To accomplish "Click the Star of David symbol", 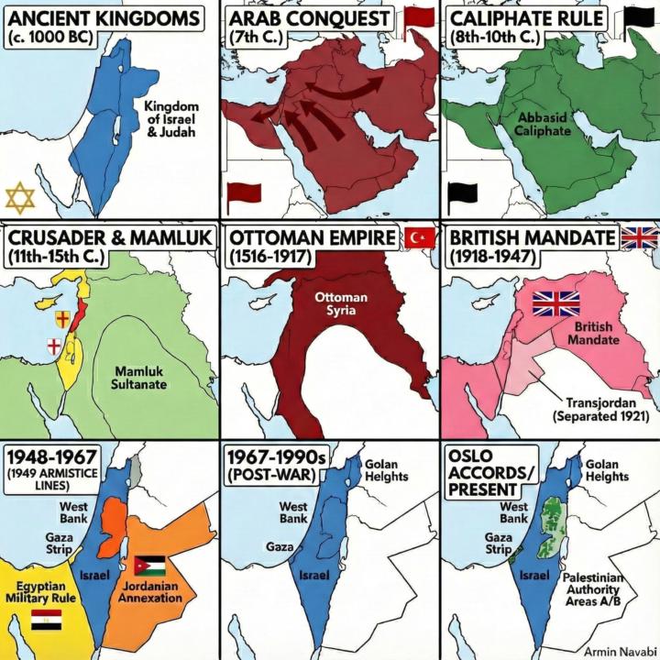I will point(20,197).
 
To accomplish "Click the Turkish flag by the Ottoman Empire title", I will point(421,238).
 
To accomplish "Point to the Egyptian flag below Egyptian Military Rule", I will point(46,621).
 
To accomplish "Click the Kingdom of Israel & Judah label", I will point(170,118).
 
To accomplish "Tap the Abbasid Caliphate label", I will point(543,124).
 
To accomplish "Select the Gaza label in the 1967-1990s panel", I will point(280,546).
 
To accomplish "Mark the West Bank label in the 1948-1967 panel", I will point(73,512).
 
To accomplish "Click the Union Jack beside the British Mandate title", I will point(639,239).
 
